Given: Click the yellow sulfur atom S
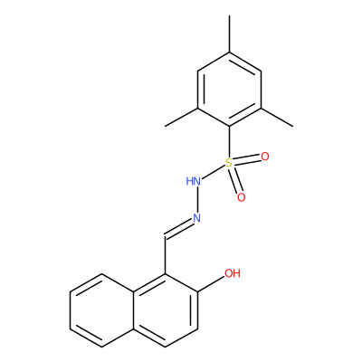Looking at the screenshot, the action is click(x=229, y=163).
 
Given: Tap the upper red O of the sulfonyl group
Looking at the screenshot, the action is click(x=265, y=157).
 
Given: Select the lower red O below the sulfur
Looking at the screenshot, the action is click(x=242, y=197).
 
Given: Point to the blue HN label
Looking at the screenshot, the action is click(x=194, y=181).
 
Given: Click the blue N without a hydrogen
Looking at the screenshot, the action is click(x=197, y=218).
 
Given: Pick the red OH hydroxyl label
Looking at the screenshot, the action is click(x=233, y=273).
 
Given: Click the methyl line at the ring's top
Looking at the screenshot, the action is click(x=229, y=34).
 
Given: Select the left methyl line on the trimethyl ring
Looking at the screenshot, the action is click(x=182, y=117).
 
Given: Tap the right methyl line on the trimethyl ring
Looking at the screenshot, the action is click(x=277, y=117).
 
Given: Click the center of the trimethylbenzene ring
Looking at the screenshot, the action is click(x=229, y=90).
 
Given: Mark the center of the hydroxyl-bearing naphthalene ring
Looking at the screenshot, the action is click(x=166, y=310).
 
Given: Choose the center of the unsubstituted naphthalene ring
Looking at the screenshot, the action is click(x=102, y=310).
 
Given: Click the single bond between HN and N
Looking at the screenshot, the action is click(x=197, y=200).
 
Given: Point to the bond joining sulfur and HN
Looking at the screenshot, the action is click(x=214, y=172).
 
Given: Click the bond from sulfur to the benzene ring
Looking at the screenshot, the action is click(x=229, y=142).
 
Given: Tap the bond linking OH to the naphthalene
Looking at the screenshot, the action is click(x=211, y=284).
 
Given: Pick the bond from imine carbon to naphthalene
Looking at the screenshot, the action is click(x=166, y=256).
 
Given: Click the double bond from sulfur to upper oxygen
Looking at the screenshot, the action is click(x=247, y=160).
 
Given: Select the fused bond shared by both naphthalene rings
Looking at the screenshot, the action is click(x=134, y=310).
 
